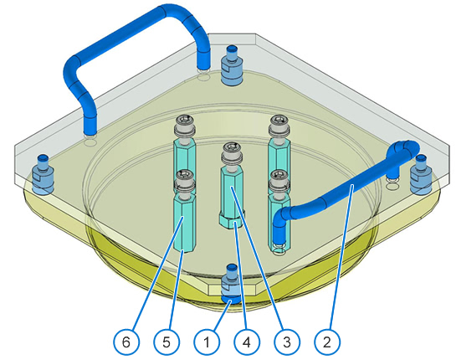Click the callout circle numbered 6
click(x=126, y=342)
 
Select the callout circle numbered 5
click(x=167, y=342)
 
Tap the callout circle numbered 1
click(x=207, y=342)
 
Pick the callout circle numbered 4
click(x=247, y=342)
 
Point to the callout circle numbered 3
click(x=287, y=342)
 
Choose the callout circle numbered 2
click(x=327, y=342)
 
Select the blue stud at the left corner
click(x=43, y=175)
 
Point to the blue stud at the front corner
click(x=232, y=285)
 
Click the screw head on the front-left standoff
click(x=184, y=181)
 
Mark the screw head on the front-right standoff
click(x=279, y=181)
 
